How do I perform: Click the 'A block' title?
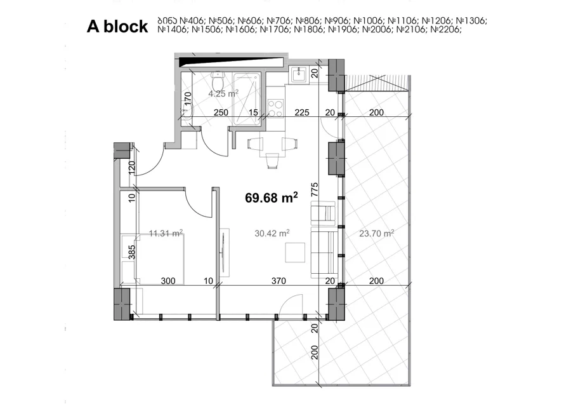tap(117, 27)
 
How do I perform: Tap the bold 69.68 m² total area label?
tap(272, 198)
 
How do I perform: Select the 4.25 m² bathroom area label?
tap(223, 94)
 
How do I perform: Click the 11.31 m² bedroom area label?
tap(166, 233)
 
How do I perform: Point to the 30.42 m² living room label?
tap(272, 233)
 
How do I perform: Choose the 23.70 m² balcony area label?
tap(376, 233)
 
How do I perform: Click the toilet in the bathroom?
tap(218, 77)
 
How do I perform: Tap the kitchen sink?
tap(299, 75)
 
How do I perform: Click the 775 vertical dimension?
tap(315, 190)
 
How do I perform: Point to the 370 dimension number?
tap(279, 281)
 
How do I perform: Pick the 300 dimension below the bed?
tap(168, 281)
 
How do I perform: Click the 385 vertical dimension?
tap(132, 252)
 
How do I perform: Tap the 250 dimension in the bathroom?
tap(221, 112)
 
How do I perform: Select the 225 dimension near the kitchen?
tap(302, 112)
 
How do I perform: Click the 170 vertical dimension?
tap(188, 99)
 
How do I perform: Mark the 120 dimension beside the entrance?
tap(132, 166)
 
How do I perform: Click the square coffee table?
tap(295, 252)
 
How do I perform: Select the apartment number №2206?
tap(446, 29)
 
